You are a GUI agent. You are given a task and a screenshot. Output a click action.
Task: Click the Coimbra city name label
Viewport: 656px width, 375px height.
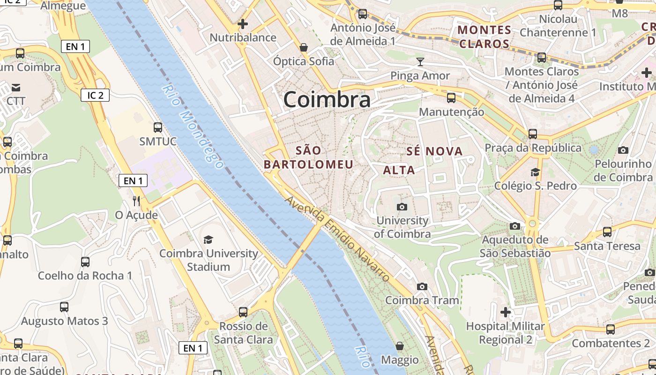tap(327, 99)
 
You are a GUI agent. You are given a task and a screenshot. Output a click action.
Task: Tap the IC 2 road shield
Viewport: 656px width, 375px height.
tap(95, 95)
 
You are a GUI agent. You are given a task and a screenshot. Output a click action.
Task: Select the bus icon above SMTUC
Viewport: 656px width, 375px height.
tap(158, 127)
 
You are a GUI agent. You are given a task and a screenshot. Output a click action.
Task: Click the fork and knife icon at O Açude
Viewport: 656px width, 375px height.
tap(136, 201)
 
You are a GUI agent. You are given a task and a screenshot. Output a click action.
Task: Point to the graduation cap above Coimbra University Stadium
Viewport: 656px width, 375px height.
tap(208, 240)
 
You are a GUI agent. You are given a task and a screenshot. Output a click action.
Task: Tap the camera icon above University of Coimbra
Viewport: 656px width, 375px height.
tap(402, 207)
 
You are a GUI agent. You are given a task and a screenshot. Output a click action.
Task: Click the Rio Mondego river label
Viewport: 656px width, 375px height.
tap(193, 127)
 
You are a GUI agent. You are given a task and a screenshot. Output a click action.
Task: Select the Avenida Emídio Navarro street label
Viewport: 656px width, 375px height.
tap(337, 239)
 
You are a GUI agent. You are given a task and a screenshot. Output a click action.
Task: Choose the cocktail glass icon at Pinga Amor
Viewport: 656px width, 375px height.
tap(420, 61)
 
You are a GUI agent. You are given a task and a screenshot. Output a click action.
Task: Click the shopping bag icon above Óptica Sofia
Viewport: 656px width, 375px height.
tap(304, 47)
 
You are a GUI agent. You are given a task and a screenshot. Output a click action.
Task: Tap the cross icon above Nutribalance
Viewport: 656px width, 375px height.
tap(243, 23)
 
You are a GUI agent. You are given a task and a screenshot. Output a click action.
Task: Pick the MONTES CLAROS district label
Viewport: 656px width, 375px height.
tap(484, 37)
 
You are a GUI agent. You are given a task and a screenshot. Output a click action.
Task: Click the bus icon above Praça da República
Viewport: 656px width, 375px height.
tap(533, 134)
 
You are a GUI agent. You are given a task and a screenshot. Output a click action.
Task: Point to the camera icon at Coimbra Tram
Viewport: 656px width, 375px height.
tap(422, 286)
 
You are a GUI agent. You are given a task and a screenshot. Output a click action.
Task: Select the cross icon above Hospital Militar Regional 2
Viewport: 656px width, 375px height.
tap(505, 312)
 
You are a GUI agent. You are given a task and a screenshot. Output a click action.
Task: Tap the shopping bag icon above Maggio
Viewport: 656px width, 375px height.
tap(400, 346)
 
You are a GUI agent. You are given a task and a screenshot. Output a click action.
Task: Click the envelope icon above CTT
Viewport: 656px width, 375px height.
tap(16, 87)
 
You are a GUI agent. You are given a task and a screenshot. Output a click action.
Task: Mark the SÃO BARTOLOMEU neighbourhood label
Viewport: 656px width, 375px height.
tap(309, 157)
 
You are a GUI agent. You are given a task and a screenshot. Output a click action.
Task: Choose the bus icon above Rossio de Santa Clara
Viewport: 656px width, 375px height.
tap(243, 312)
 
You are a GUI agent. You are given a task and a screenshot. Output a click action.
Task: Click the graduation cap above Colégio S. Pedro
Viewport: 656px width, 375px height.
tap(535, 172)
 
